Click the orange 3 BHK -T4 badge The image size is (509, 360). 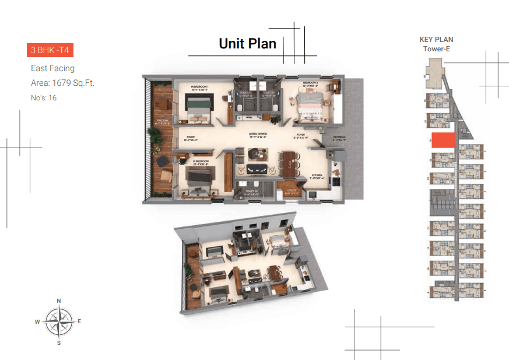[50, 50]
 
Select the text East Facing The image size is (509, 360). [52, 68]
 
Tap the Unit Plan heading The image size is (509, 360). [247, 43]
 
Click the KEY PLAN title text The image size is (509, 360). [436, 40]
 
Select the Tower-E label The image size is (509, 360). [436, 49]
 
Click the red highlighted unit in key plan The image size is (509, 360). [443, 141]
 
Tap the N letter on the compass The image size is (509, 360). [58, 301]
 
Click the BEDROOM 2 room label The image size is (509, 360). [310, 83]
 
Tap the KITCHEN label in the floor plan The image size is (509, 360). [316, 174]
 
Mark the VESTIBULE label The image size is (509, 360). [339, 138]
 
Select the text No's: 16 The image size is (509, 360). [44, 98]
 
